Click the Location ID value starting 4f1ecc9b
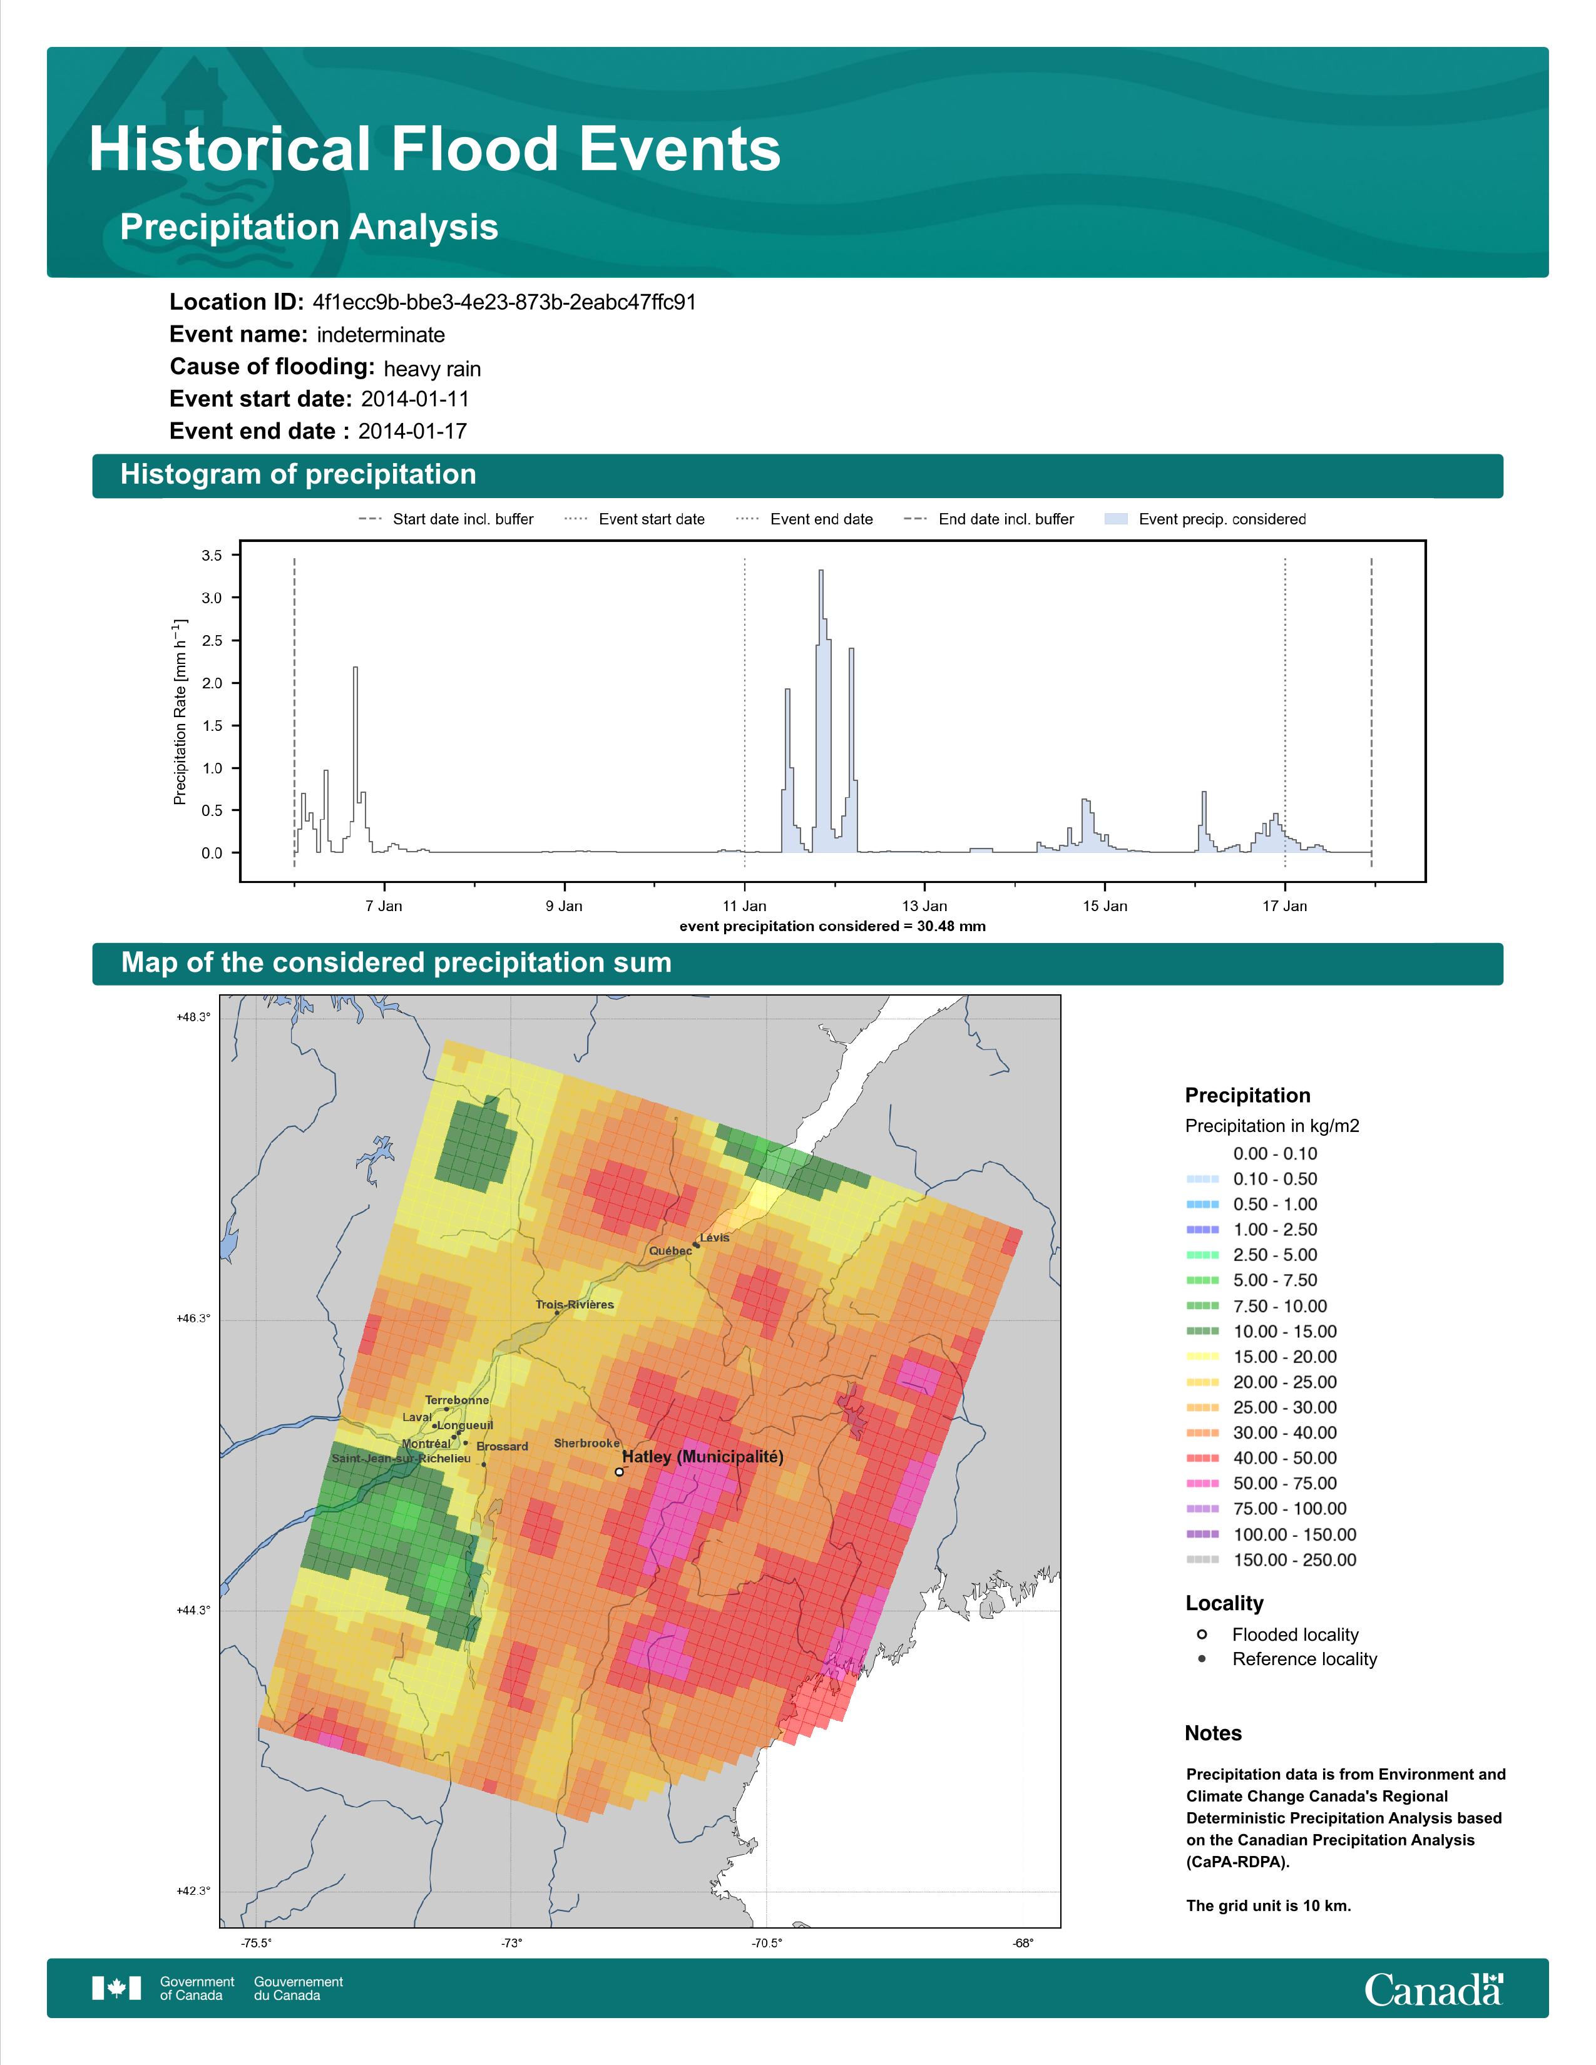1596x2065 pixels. [x=504, y=303]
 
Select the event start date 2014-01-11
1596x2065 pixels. [x=415, y=399]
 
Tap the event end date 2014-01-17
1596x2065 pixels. [x=412, y=431]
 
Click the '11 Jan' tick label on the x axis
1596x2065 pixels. [x=745, y=906]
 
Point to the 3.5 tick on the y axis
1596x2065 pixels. [x=212, y=556]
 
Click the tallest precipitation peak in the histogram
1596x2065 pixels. [x=821, y=571]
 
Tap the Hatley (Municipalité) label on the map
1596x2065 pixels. [x=702, y=1457]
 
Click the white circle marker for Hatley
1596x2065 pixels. [x=619, y=1471]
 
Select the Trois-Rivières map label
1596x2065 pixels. [x=575, y=1305]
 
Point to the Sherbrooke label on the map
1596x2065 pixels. [x=587, y=1443]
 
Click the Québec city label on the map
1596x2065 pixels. [x=670, y=1251]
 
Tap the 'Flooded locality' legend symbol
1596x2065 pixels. [x=1202, y=1634]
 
